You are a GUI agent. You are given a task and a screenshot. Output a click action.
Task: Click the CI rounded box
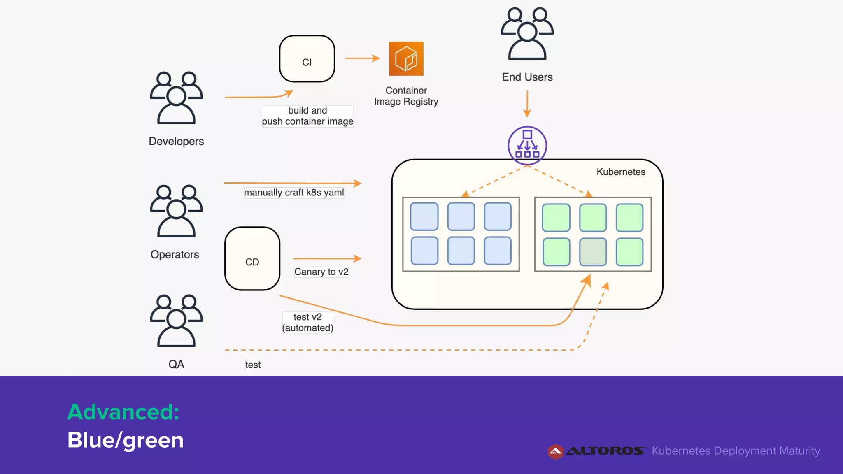307,59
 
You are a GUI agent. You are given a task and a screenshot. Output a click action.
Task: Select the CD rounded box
252,259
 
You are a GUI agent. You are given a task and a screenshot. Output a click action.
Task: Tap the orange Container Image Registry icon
406,59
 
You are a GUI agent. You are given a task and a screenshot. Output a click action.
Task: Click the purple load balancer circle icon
527,146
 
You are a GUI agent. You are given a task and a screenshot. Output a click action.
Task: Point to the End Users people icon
527,34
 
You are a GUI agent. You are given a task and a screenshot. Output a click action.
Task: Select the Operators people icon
176,211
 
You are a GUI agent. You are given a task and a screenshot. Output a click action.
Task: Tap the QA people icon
176,321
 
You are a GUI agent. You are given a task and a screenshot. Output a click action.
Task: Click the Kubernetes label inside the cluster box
621,172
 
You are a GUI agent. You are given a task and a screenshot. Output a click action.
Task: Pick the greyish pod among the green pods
593,252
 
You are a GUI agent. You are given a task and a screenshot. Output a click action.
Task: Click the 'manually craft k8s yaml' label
294,193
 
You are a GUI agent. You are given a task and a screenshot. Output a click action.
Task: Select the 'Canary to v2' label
321,272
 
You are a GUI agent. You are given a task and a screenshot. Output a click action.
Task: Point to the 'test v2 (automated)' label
307,323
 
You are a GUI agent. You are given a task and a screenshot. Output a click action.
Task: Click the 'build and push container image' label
307,116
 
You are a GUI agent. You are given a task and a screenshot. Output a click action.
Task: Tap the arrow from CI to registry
362,58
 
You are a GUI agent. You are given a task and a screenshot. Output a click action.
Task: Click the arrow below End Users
527,104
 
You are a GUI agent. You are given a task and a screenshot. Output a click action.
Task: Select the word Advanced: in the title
123,412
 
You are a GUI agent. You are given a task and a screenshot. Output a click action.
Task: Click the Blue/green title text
125,440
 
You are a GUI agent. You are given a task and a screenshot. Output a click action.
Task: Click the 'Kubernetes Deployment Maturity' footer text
736,451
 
